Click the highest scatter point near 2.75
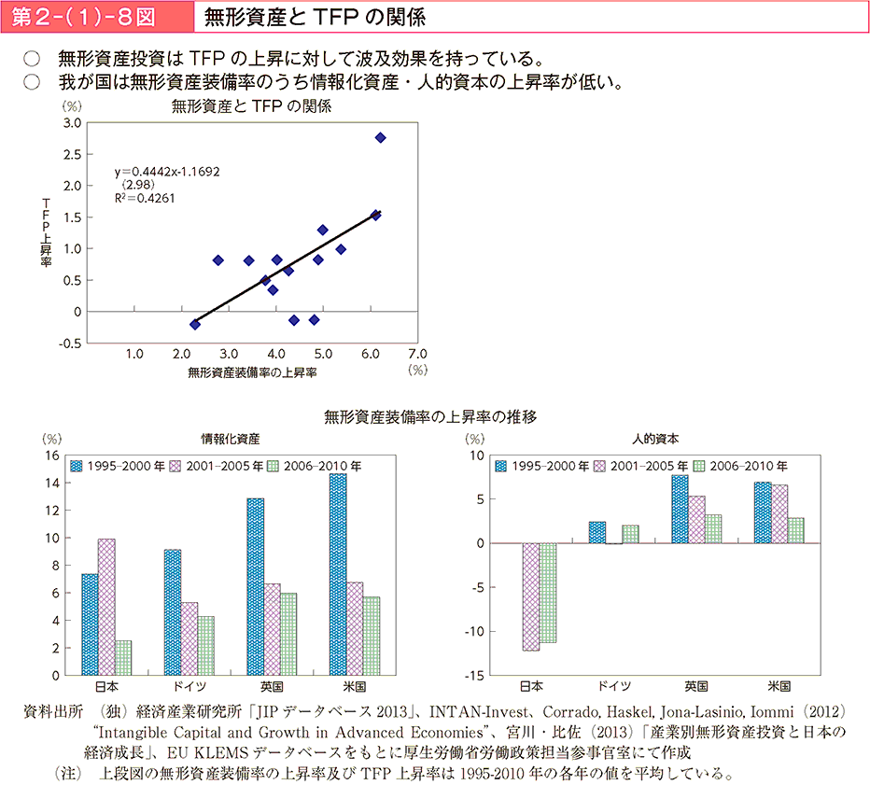click(x=380, y=137)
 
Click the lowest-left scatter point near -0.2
click(x=195, y=324)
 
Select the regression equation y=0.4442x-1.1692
click(x=167, y=172)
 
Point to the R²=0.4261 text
click(x=145, y=198)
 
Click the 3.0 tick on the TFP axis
click(x=72, y=123)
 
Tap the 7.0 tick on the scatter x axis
click(x=417, y=354)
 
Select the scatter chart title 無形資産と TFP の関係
click(x=252, y=106)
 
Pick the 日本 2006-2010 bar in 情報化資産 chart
click(x=123, y=657)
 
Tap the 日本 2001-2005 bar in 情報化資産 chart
click(x=106, y=607)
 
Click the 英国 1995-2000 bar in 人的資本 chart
click(x=680, y=509)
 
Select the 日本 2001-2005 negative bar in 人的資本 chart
click(x=531, y=596)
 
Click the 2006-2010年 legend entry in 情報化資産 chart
click(x=315, y=466)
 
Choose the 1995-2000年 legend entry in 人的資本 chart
click(x=541, y=466)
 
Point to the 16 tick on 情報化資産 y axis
click(x=52, y=456)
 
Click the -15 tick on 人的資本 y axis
click(x=474, y=675)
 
